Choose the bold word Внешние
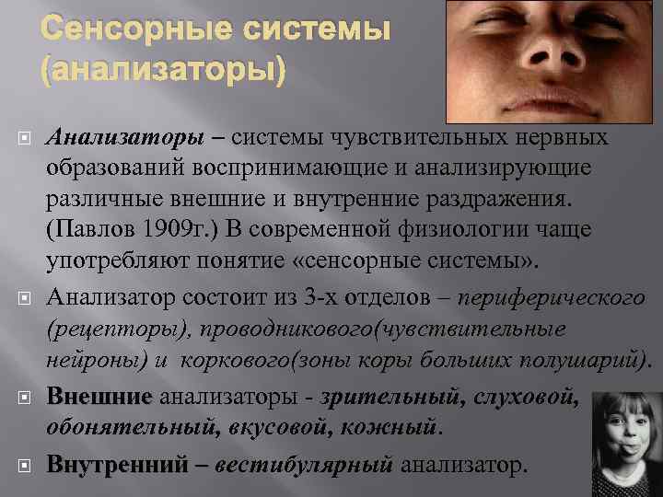99,397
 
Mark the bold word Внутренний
119,464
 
